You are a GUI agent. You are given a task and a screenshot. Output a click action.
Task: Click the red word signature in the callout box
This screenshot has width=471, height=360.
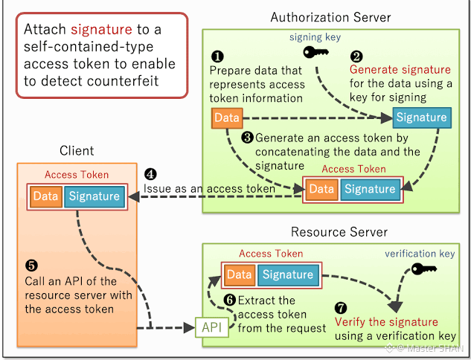click(x=101, y=30)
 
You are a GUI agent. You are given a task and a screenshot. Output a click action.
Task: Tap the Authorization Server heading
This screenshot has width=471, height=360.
click(x=330, y=17)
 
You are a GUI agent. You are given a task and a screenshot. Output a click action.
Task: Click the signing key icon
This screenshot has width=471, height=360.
click(x=315, y=53)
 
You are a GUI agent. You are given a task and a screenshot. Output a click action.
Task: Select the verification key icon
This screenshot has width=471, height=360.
click(x=424, y=269)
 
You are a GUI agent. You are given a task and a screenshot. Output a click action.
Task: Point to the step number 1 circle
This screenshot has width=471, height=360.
click(x=217, y=57)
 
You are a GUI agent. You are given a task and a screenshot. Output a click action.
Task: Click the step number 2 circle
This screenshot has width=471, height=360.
click(x=356, y=57)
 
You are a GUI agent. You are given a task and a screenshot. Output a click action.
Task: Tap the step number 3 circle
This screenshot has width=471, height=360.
click(x=248, y=138)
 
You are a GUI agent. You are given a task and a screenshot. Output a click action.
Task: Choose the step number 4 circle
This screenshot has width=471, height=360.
click(x=150, y=174)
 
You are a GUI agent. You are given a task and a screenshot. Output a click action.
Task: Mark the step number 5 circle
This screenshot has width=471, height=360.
click(x=31, y=266)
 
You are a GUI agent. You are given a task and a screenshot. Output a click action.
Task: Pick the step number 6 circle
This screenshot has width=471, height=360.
click(x=230, y=300)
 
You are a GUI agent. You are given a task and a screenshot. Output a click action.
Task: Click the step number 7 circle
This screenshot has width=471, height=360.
click(x=341, y=308)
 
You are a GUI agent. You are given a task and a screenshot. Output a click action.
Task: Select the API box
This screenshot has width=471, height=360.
click(x=212, y=327)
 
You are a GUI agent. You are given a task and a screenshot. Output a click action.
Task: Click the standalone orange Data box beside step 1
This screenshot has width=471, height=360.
click(x=227, y=118)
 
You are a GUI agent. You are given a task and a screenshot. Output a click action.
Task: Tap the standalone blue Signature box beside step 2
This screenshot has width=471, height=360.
click(x=422, y=118)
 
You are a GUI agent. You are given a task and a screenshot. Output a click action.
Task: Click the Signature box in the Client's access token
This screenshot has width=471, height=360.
click(x=94, y=196)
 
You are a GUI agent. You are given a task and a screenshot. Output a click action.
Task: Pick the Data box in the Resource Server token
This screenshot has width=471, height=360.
click(x=240, y=275)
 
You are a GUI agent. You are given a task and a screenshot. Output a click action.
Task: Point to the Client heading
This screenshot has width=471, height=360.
click(x=77, y=151)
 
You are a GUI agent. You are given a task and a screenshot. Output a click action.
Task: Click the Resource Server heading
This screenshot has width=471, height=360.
click(x=339, y=232)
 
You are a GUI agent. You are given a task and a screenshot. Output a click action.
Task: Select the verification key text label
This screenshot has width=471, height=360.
click(x=420, y=254)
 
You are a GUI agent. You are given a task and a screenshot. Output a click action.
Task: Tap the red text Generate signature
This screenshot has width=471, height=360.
click(x=400, y=70)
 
